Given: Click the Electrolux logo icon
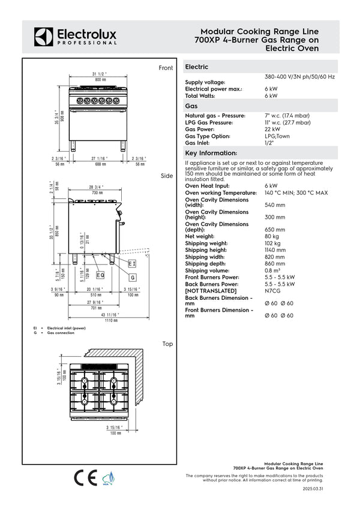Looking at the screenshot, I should click(x=44, y=37).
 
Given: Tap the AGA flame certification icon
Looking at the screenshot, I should click(x=107, y=479).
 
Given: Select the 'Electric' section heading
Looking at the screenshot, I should click(x=197, y=67).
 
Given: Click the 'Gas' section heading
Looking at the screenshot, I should click(x=191, y=106).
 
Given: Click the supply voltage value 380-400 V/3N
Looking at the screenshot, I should click(x=299, y=77).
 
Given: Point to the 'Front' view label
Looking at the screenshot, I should click(x=166, y=68).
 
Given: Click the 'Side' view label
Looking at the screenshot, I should click(x=167, y=176).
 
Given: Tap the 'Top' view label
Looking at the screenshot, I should click(x=167, y=344).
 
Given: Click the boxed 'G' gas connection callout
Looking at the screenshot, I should click(x=133, y=278).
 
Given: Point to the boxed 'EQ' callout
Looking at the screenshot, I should click(x=100, y=275).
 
